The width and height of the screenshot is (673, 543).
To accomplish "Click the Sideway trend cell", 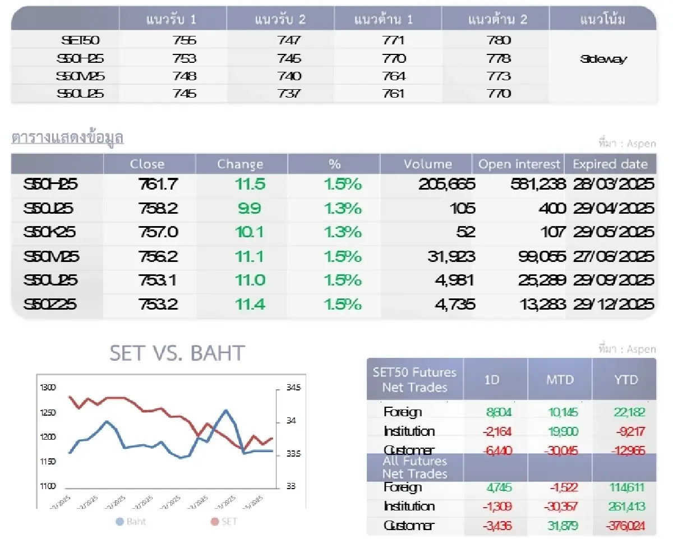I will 603,59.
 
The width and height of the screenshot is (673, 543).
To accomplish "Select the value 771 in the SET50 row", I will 394,40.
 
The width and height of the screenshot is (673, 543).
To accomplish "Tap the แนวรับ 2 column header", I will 280,20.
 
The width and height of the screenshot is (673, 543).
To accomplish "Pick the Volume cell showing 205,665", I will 446,184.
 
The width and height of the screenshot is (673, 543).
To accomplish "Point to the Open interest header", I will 519,164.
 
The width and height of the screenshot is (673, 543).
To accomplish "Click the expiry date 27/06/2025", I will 614,256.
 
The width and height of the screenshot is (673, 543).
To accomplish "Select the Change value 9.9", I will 249,209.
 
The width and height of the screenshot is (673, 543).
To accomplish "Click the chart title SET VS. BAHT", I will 177,353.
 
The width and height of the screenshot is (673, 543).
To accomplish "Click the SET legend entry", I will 224,521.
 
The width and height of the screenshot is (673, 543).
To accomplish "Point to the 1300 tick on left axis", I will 48,388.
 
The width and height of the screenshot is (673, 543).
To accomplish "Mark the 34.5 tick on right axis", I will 293,388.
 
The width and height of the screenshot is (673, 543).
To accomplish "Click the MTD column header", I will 560,380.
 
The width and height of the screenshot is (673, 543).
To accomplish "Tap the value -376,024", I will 625,526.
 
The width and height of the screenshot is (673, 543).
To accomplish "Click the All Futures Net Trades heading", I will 414,467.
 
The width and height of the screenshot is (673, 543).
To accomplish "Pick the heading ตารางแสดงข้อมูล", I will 67,138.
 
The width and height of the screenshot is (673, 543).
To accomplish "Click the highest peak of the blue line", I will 226,410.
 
